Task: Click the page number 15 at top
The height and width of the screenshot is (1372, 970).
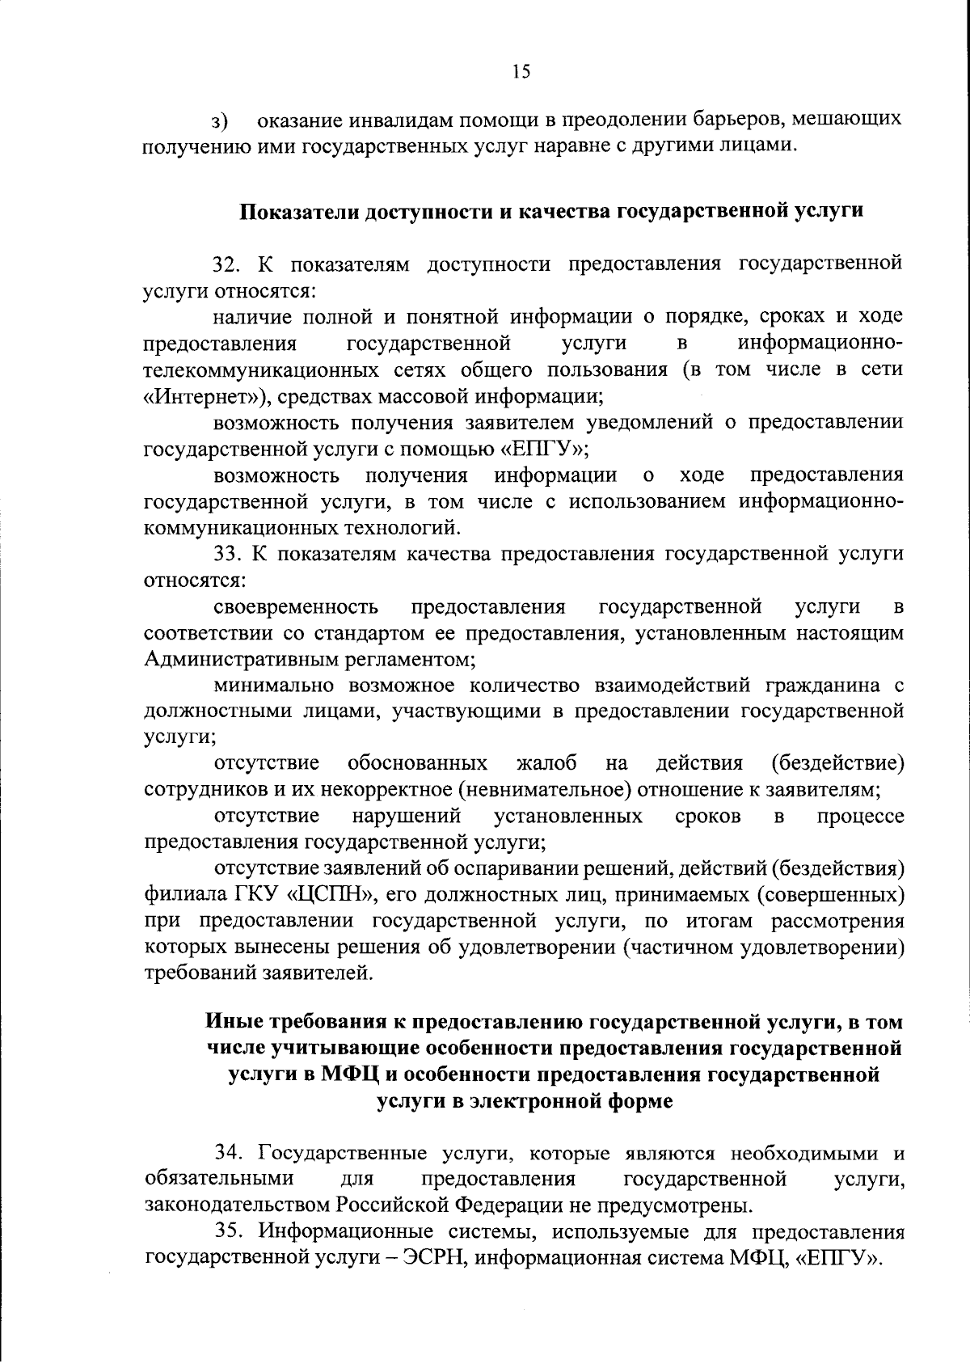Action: tap(521, 72)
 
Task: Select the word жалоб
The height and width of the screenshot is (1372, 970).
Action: tap(546, 763)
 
